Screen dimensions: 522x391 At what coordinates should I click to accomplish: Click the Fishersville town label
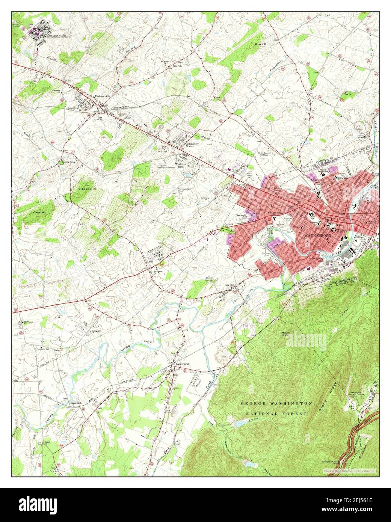pos(102,96)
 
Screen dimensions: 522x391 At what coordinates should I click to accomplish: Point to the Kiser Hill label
pos(262,44)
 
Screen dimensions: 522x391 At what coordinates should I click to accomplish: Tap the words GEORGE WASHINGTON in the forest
pos(276,403)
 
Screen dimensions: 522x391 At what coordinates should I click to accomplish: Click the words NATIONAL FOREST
pos(276,413)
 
